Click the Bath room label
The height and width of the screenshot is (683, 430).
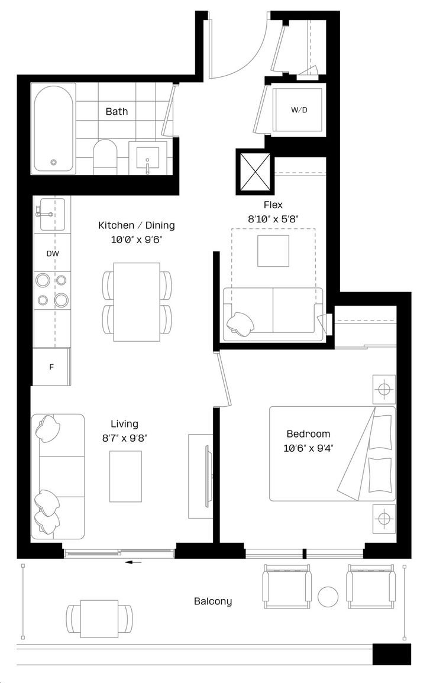pos(117,112)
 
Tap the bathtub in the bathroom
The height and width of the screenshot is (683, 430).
pos(54,128)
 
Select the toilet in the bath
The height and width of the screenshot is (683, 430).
pos(105,157)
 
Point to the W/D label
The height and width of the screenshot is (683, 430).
pos(299,110)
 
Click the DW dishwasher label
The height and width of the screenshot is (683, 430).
pos(53,254)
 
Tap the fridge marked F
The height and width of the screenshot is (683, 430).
pos(51,367)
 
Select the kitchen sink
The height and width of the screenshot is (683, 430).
pos(52,214)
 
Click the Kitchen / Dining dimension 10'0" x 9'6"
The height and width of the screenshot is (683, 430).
pos(137,239)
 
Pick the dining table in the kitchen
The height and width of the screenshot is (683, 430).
pos(137,302)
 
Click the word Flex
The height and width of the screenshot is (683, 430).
pos(273,205)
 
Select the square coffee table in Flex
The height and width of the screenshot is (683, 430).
pos(273,251)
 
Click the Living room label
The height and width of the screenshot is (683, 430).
pos(124,424)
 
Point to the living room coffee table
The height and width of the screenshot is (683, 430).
pos(125,477)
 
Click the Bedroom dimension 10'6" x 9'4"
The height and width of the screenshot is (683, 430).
pos(308,448)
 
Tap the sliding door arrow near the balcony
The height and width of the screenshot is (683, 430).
pos(134,562)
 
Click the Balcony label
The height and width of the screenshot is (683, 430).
pos(213,601)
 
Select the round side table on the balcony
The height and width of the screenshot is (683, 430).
pos(328,597)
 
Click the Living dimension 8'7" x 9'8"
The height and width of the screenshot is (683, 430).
pos(125,438)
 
